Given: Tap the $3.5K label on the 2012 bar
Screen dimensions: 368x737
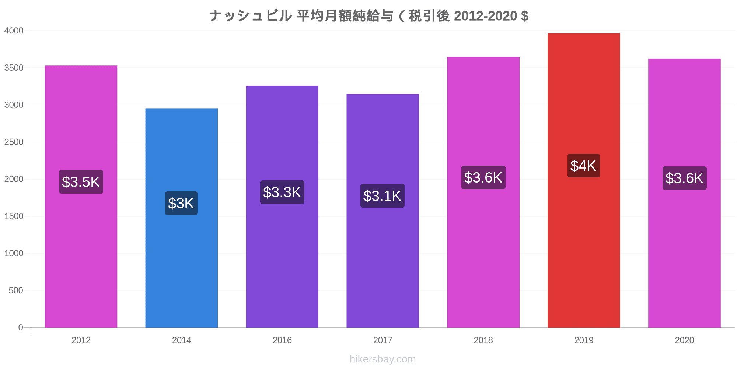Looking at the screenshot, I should click(x=81, y=182).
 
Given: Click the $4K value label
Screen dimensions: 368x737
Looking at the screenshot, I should click(x=583, y=166).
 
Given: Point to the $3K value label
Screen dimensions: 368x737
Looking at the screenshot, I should click(x=181, y=203).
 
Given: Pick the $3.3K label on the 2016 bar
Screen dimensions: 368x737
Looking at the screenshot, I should click(x=282, y=192).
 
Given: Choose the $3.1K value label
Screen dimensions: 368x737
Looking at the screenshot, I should click(x=382, y=196).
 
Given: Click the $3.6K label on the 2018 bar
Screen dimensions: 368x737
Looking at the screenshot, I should click(x=483, y=177).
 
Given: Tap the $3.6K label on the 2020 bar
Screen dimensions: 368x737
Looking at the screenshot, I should click(x=684, y=178).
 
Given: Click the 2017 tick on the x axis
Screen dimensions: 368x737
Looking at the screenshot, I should click(x=383, y=340).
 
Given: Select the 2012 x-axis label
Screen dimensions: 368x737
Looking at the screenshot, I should click(x=81, y=340).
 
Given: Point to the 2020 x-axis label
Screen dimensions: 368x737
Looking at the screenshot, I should click(x=684, y=340).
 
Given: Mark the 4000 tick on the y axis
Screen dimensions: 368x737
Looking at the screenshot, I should click(x=14, y=31).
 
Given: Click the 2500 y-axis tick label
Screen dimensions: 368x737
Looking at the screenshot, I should click(x=14, y=142).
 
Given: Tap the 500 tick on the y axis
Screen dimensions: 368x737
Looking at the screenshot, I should click(x=16, y=290).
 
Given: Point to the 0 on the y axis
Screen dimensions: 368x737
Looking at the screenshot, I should click(x=21, y=328).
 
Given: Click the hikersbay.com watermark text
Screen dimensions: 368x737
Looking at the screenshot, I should click(x=383, y=359).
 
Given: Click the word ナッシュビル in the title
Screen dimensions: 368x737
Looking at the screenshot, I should click(x=251, y=16).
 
